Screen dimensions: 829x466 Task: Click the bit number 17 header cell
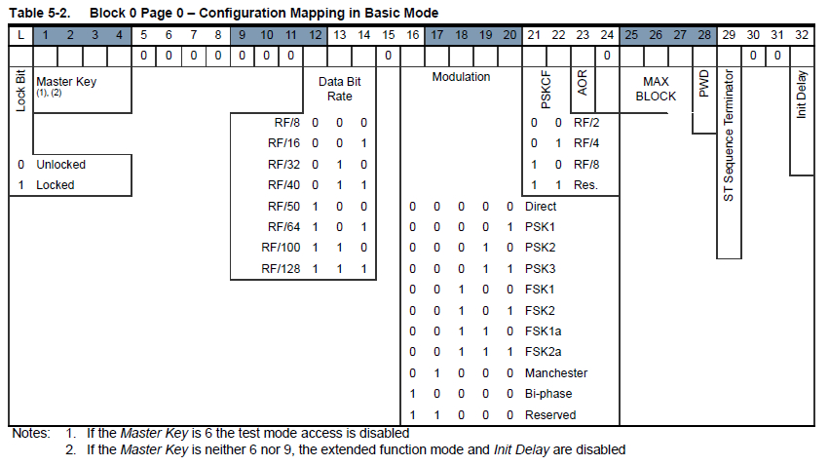click(x=436, y=35)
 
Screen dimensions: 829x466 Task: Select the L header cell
click(x=21, y=35)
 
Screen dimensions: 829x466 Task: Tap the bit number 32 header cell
click(x=802, y=35)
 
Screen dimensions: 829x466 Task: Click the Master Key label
click(x=66, y=82)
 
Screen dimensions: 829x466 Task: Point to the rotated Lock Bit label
click(x=20, y=91)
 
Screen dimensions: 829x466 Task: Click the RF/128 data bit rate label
click(x=281, y=269)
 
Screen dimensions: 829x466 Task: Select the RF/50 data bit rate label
click(x=283, y=207)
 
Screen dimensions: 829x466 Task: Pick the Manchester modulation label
click(x=556, y=373)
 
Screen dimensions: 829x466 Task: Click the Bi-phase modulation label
click(x=548, y=394)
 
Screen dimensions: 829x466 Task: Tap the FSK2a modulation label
click(x=543, y=352)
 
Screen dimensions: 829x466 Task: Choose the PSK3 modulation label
click(x=540, y=269)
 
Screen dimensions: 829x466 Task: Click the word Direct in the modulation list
click(x=541, y=207)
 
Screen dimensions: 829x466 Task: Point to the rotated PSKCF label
click(x=546, y=90)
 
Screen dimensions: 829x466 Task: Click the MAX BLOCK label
click(x=656, y=89)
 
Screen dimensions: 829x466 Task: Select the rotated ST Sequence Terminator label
click(x=729, y=136)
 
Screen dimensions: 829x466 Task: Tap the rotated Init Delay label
click(x=802, y=95)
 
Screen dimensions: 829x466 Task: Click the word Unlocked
click(x=60, y=165)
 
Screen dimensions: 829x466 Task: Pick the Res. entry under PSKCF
click(x=585, y=185)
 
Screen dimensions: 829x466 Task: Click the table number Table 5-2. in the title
click(x=40, y=13)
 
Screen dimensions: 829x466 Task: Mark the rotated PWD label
click(x=703, y=84)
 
